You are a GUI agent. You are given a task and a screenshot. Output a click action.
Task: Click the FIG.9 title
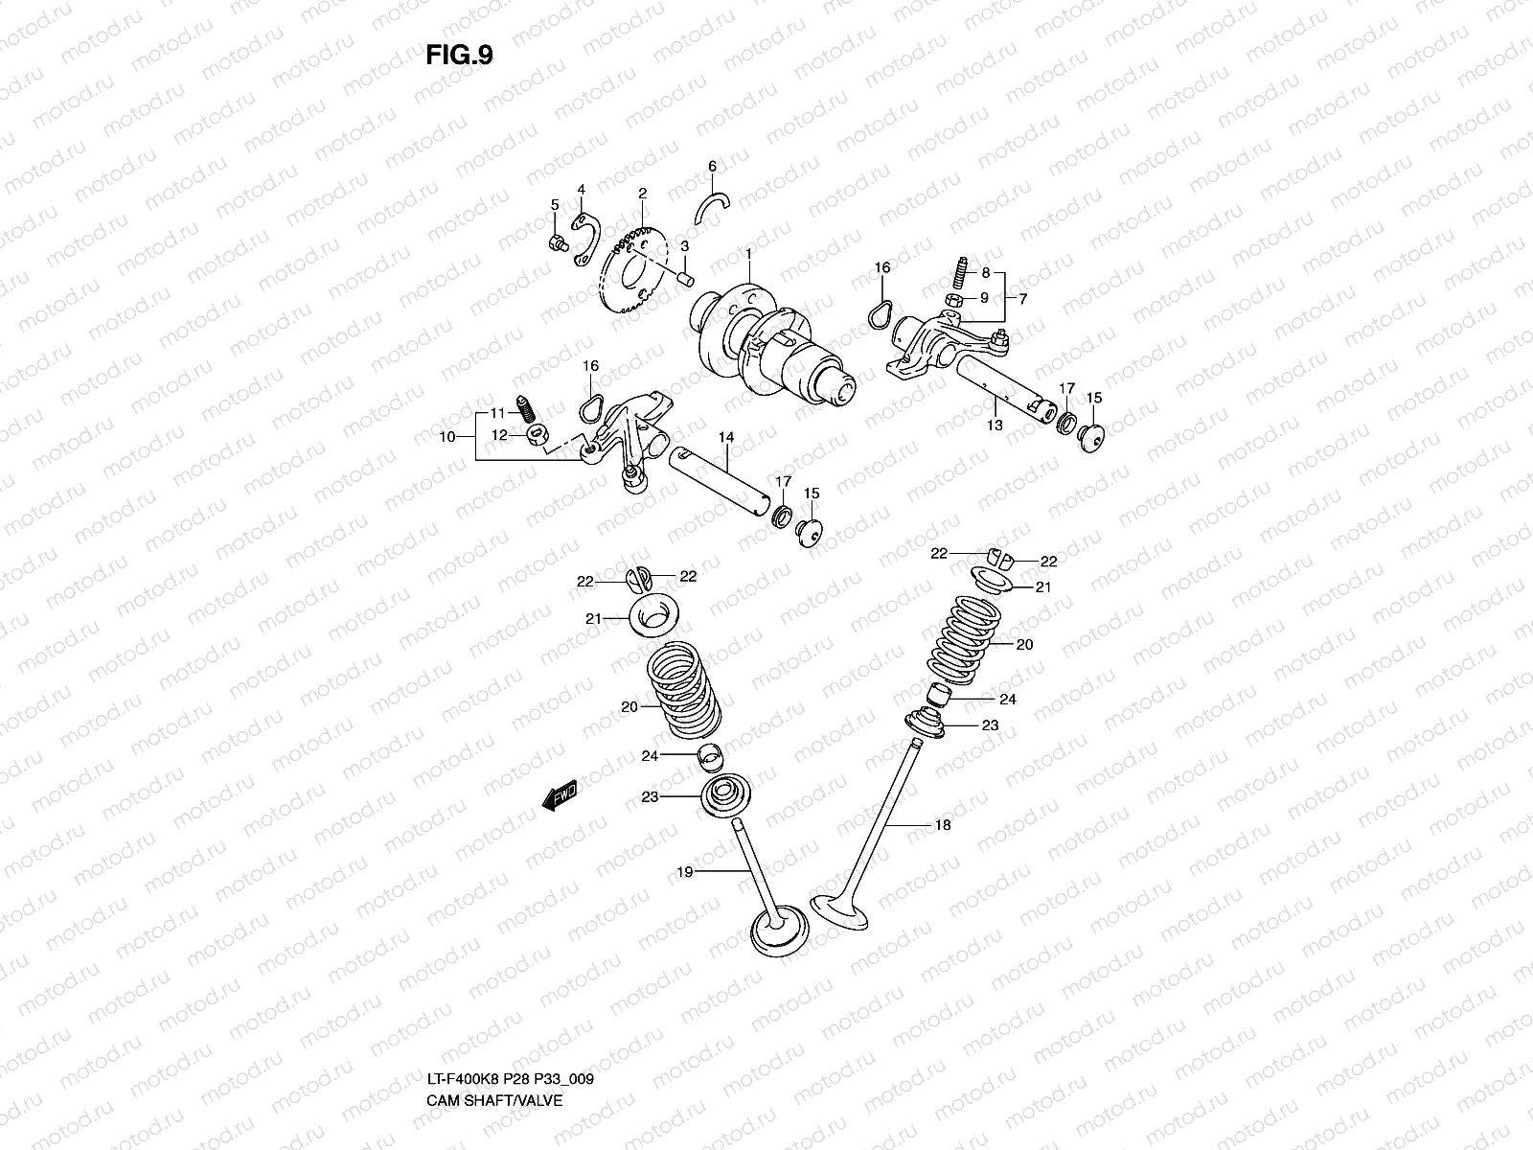(459, 56)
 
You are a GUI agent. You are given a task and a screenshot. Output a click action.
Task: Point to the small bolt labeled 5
(555, 243)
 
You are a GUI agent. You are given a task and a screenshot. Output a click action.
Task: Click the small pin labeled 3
(684, 277)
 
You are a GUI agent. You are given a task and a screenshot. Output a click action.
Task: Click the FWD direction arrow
(559, 794)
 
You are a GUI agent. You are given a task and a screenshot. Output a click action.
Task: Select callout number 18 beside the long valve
(943, 825)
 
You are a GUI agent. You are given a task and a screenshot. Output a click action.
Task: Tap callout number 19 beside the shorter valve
(684, 871)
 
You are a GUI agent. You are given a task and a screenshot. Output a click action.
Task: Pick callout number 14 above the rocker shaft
(726, 437)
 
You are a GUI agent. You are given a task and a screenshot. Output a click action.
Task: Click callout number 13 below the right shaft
(995, 425)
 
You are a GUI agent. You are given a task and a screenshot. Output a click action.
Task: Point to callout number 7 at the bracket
(1022, 299)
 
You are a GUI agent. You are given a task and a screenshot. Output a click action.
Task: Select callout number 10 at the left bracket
(446, 437)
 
